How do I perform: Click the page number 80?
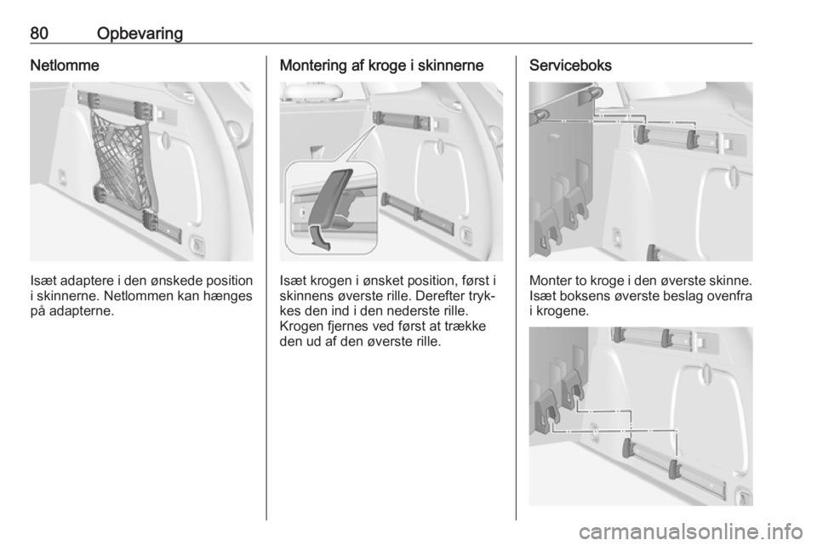(39, 33)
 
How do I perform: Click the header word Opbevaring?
(140, 34)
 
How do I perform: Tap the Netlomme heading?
(65, 65)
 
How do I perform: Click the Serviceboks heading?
(570, 65)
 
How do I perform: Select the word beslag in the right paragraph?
(687, 296)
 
